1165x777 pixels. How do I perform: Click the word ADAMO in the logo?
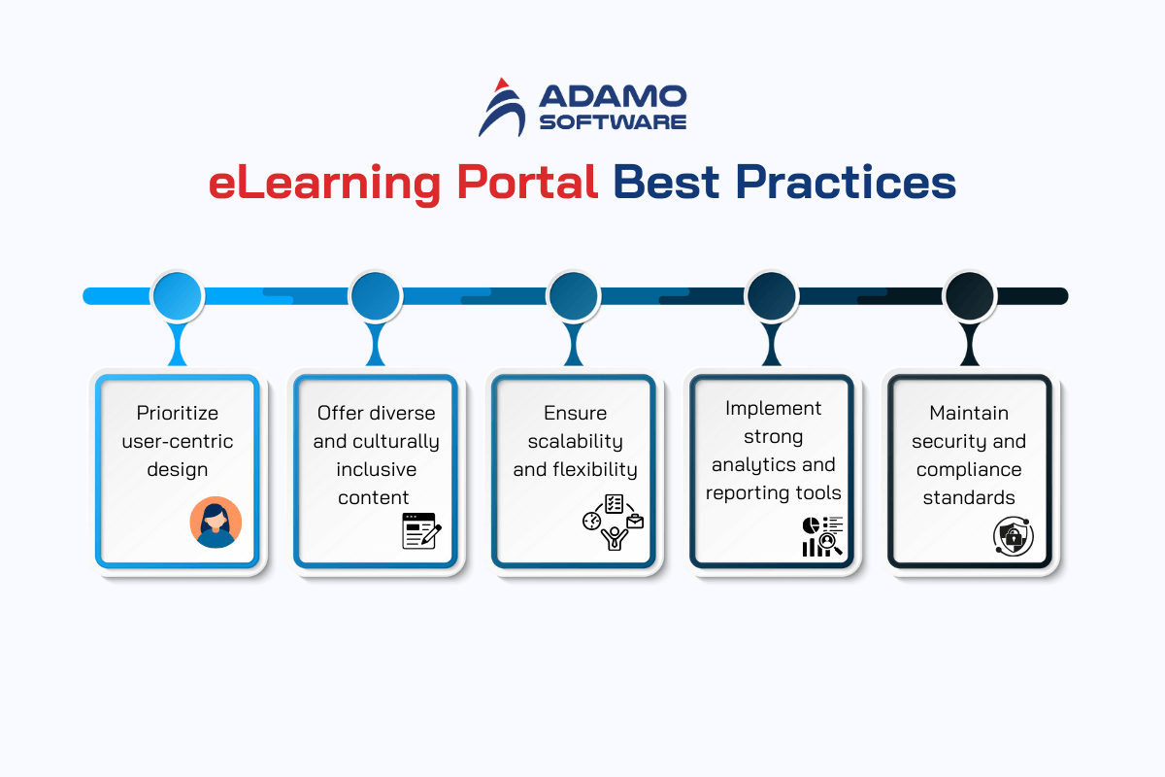click(613, 96)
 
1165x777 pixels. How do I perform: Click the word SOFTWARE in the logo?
click(613, 121)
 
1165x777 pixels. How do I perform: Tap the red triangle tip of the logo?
click(501, 84)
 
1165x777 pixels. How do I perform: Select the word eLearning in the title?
click(324, 184)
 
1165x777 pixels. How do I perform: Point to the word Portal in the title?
click(527, 182)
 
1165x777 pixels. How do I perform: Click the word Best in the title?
click(666, 182)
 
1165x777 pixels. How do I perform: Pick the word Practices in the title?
click(846, 182)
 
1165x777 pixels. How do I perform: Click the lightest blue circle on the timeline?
click(178, 295)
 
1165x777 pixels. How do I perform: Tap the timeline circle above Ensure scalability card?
click(574, 295)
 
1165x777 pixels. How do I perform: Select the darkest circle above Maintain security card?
click(970, 295)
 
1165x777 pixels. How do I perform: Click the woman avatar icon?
click(216, 522)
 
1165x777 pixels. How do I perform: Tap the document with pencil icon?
click(421, 531)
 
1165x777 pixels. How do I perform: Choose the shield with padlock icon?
click(1014, 536)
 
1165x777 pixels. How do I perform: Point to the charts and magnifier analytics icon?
click(822, 536)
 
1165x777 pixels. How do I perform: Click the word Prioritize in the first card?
click(178, 413)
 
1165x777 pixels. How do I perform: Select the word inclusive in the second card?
click(376, 469)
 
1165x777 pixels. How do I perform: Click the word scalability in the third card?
click(575, 441)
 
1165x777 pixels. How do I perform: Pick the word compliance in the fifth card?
click(969, 469)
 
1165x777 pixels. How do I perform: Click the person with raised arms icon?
click(615, 539)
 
